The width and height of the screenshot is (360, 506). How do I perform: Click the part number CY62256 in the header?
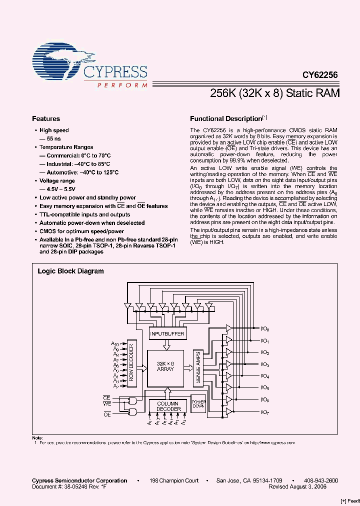click(320, 75)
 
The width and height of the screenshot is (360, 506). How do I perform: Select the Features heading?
click(46, 119)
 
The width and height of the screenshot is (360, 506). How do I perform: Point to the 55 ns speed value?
click(50, 138)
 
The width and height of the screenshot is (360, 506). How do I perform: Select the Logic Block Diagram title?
click(71, 271)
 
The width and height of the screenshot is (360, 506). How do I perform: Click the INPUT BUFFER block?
click(167, 333)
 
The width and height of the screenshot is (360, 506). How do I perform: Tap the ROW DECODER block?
click(132, 364)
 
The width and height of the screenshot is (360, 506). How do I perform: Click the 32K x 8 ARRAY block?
click(165, 366)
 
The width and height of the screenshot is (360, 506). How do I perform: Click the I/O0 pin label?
click(265, 329)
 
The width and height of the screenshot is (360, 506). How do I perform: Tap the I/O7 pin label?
click(265, 412)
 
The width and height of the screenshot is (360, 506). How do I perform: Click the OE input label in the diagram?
click(107, 414)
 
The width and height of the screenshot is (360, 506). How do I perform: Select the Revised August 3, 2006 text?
click(303, 486)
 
